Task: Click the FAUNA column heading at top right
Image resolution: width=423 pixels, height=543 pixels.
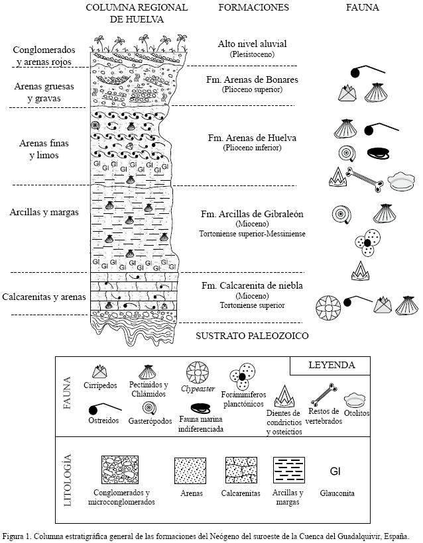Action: tap(363, 8)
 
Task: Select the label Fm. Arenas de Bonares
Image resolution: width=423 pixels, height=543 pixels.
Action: tap(252, 79)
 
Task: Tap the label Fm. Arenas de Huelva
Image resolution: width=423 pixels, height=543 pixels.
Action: tap(251, 138)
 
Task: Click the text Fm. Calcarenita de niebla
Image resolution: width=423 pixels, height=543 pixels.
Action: tap(252, 285)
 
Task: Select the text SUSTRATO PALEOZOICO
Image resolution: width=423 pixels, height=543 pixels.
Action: tap(252, 336)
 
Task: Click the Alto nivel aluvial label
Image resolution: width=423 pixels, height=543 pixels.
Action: tap(252, 44)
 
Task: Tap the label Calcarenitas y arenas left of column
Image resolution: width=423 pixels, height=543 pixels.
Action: tap(44, 297)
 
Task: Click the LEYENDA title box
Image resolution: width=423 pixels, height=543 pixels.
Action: tap(332, 365)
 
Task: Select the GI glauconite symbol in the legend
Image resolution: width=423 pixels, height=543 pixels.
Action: tap(335, 471)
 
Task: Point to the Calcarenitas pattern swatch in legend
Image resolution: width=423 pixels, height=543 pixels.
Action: tap(241, 469)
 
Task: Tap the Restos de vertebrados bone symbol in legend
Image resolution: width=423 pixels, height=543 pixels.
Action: tap(324, 399)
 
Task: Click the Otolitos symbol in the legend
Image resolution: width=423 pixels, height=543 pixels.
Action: tap(357, 399)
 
